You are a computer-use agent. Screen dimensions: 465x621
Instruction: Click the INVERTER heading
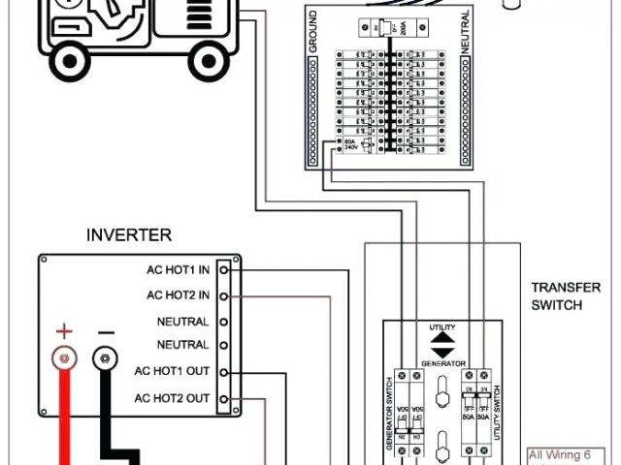click(x=129, y=234)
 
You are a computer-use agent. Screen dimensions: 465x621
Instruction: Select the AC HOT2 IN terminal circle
click(x=224, y=294)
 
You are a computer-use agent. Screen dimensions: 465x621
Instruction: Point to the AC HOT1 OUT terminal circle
click(x=224, y=372)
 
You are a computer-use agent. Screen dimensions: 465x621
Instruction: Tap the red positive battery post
click(x=64, y=360)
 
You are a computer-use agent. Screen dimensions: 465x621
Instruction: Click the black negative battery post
click(x=105, y=360)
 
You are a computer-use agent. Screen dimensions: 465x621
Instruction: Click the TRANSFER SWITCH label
click(x=556, y=296)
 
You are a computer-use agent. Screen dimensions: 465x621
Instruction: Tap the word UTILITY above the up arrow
click(x=441, y=328)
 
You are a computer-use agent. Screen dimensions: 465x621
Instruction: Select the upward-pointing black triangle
click(x=441, y=339)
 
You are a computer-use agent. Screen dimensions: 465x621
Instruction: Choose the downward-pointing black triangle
click(x=441, y=352)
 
